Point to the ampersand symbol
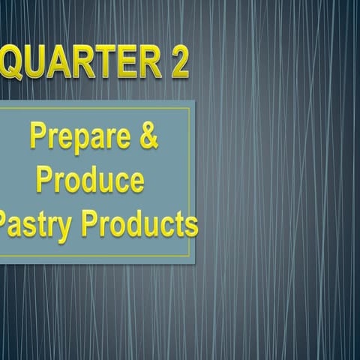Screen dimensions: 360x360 tap(148, 137)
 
